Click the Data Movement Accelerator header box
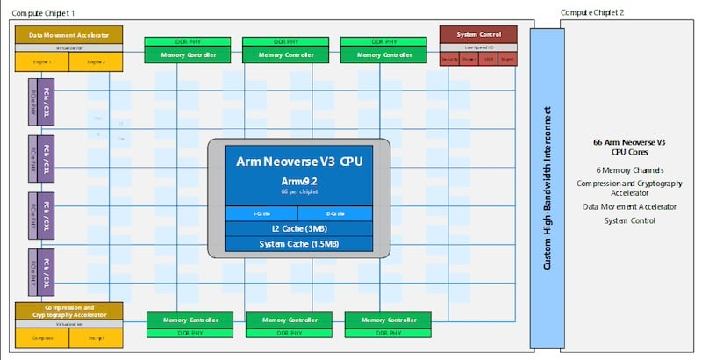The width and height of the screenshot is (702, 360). [68, 35]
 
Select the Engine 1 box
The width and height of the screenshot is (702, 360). [42, 62]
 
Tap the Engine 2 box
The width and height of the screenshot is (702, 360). [96, 62]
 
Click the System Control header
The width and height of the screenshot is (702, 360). [478, 34]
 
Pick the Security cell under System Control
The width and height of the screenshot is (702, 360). [449, 60]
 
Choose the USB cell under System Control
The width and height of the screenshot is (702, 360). [488, 60]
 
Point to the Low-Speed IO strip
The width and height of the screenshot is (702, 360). [478, 47]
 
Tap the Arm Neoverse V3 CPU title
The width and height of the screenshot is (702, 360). [299, 162]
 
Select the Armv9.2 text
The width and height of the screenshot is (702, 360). [299, 181]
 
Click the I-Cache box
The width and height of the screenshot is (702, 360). [261, 213]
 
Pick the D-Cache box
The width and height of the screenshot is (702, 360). [335, 213]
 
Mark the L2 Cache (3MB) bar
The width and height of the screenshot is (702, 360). [299, 228]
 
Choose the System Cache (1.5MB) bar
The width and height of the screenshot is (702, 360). [299, 243]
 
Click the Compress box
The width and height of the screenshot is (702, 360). [42, 337]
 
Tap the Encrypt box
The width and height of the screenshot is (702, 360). [96, 337]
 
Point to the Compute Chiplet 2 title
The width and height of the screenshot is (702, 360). [593, 11]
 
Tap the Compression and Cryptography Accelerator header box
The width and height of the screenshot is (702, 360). [68, 311]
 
